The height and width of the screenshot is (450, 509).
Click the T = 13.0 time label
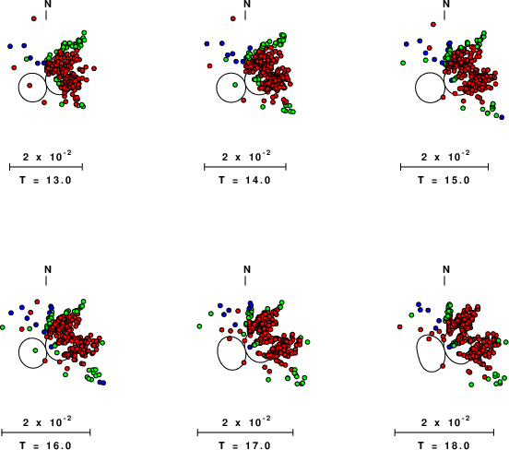point(45,180)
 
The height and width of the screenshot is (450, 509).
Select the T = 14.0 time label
point(244,180)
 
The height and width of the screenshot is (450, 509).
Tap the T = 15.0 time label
point(444,180)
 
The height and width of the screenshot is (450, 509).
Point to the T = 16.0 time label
point(45,445)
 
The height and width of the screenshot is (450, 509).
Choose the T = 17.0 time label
point(244,445)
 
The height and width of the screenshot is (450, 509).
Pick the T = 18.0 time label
point(444,445)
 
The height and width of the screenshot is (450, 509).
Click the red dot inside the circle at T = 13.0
point(30,86)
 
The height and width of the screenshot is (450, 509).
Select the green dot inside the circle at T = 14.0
point(235,85)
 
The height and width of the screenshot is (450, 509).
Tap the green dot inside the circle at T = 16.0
point(35,350)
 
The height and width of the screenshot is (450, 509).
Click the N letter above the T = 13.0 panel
point(48,4)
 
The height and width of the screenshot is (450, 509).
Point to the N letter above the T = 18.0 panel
point(446,269)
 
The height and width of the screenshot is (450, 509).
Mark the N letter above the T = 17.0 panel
point(247,269)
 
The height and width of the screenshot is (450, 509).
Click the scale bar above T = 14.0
point(245,167)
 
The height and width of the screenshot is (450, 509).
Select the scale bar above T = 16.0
point(46,432)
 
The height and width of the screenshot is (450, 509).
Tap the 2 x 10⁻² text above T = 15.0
point(445,156)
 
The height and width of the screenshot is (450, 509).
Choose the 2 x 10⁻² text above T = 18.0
point(445,421)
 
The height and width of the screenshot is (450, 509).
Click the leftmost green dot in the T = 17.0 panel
point(199,326)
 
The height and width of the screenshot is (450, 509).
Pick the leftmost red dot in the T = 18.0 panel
point(399,327)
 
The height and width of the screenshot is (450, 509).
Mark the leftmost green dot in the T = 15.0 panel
point(403,63)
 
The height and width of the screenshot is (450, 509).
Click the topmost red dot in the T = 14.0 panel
point(232,18)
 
